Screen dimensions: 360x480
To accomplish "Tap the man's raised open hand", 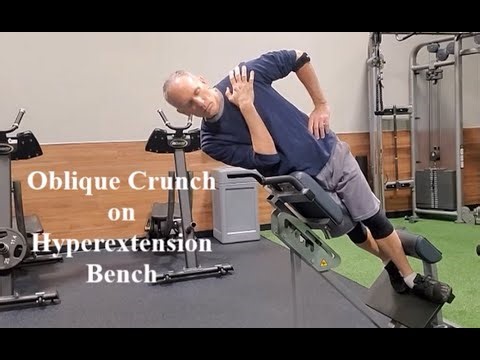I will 241,87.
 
